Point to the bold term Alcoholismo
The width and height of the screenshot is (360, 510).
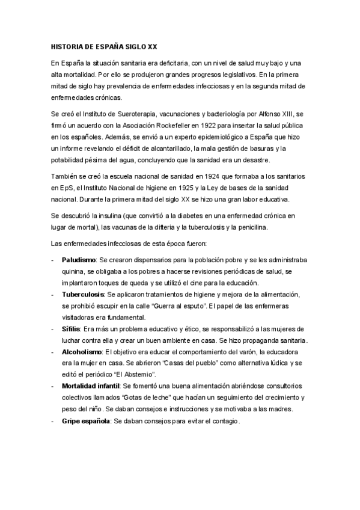(x=83, y=352)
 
